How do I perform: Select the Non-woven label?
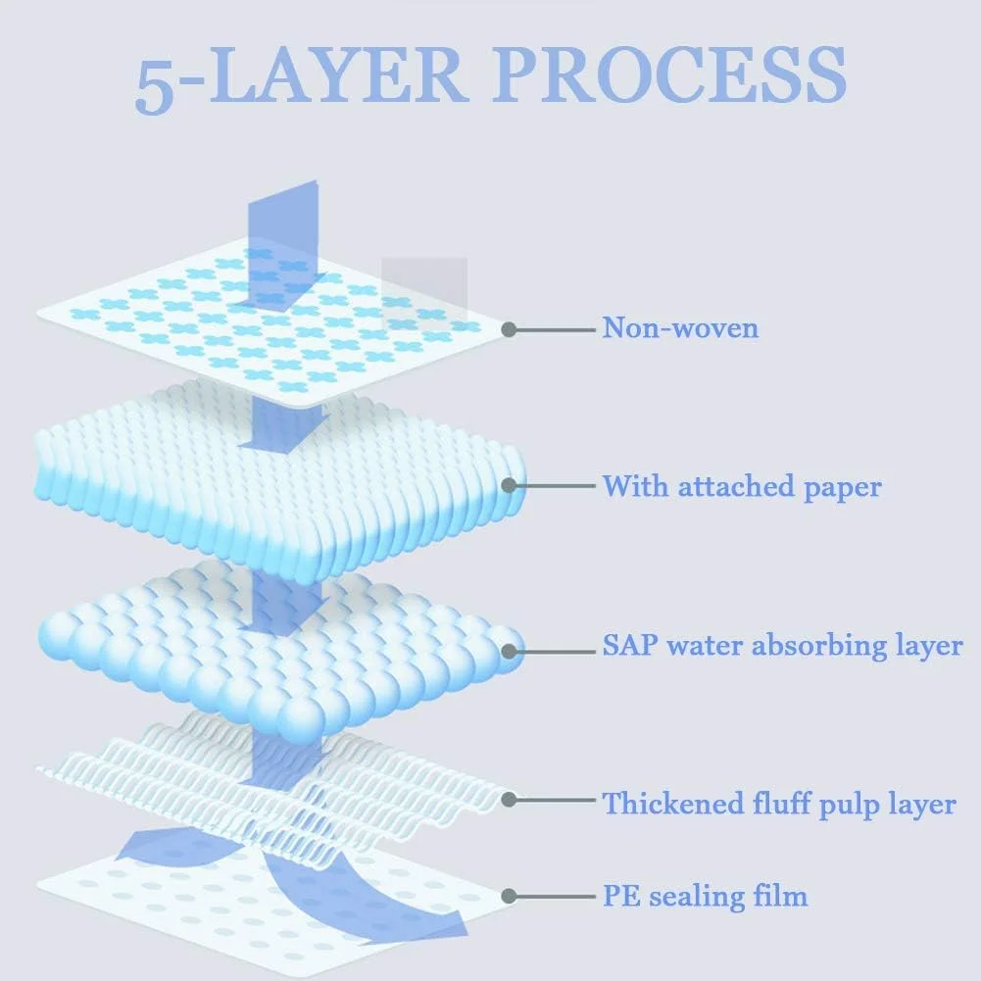click(680, 327)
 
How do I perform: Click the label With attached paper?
click(742, 486)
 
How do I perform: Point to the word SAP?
click(629, 646)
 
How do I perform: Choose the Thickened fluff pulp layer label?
click(778, 805)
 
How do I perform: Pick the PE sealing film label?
click(705, 895)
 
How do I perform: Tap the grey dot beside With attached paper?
click(509, 485)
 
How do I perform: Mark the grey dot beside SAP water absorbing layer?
click(509, 649)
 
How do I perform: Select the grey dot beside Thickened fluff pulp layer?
click(509, 801)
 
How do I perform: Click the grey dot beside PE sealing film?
click(509, 896)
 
